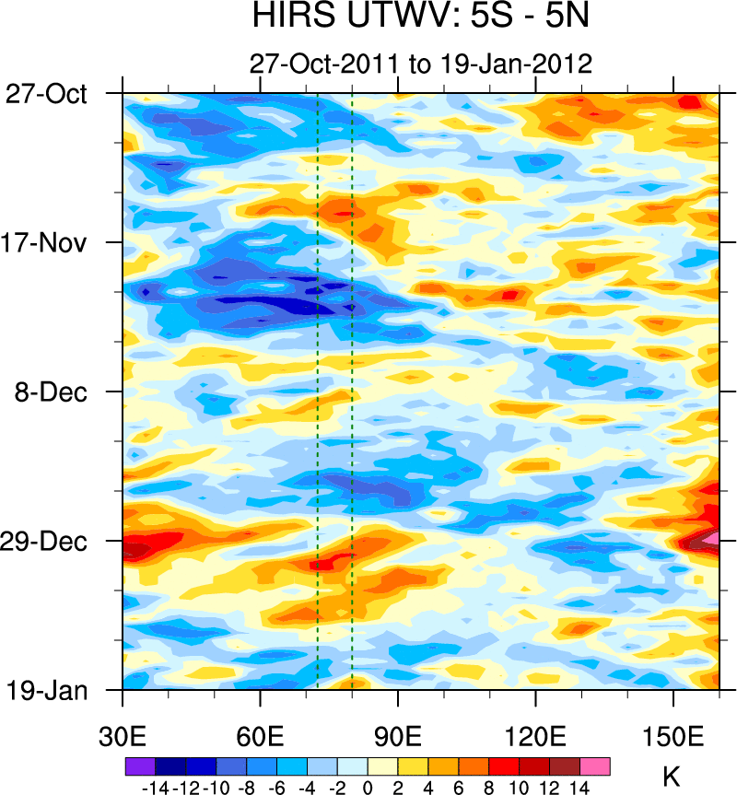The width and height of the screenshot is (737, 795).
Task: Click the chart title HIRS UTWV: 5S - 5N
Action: pyautogui.click(x=420, y=18)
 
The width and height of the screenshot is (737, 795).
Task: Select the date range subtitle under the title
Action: pyautogui.click(x=420, y=64)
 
